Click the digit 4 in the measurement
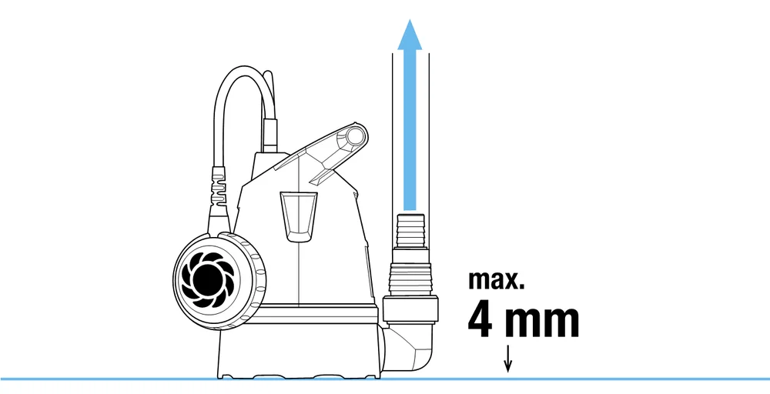point(480,322)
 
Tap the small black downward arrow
point(508,359)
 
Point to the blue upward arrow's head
point(410,35)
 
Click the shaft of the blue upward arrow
point(410,131)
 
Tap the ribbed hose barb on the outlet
point(410,231)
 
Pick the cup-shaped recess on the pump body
point(299,216)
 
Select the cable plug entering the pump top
point(269,135)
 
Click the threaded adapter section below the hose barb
point(410,272)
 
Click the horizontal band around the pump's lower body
point(314,313)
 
